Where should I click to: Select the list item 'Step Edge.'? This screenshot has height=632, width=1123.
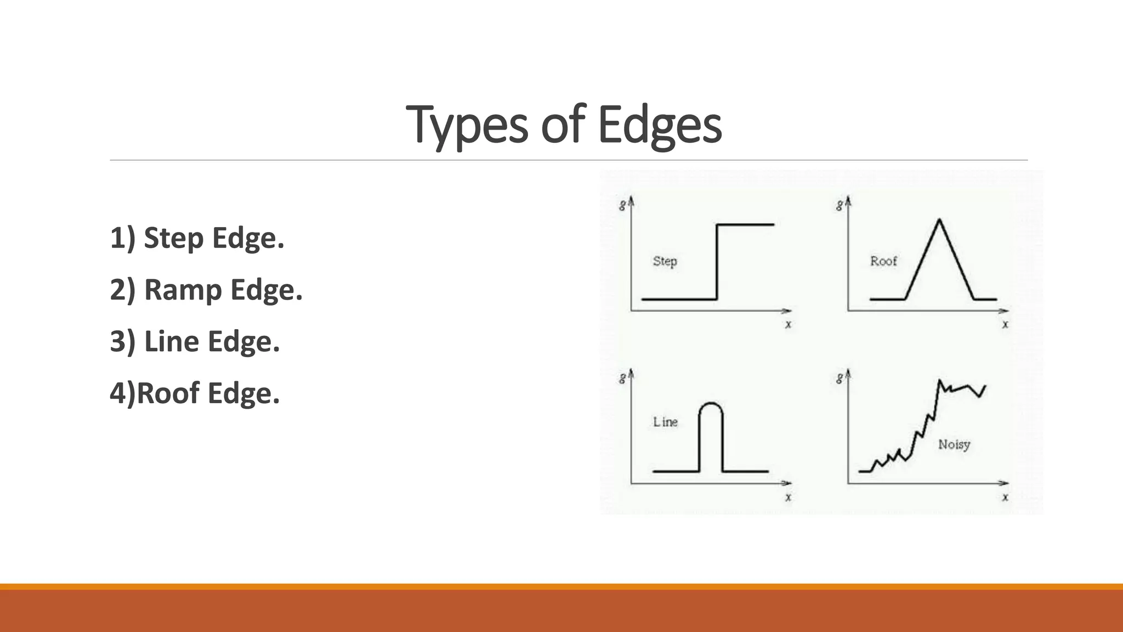click(x=213, y=238)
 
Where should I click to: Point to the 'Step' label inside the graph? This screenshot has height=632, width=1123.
click(x=665, y=261)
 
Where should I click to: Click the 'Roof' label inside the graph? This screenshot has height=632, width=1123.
click(x=883, y=261)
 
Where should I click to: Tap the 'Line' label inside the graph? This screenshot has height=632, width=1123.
click(x=665, y=422)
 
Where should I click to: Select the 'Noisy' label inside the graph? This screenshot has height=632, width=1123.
click(x=954, y=444)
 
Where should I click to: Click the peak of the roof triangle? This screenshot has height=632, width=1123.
click(x=939, y=220)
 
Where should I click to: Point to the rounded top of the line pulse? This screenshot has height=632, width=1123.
click(x=711, y=405)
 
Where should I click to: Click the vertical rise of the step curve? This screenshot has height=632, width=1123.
click(x=717, y=262)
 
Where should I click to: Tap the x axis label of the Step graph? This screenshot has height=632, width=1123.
click(x=788, y=324)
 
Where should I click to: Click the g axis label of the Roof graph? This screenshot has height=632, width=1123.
click(x=839, y=206)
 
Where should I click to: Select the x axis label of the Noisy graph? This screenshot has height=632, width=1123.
click(x=1005, y=497)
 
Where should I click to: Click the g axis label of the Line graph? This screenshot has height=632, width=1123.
click(x=622, y=378)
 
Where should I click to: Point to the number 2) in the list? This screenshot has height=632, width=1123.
click(x=122, y=290)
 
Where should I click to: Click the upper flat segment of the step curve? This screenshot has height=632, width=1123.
click(x=746, y=224)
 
